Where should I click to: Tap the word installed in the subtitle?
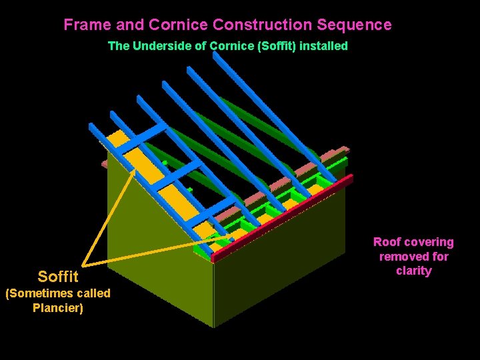click(325, 46)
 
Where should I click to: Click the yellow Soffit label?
click(58, 276)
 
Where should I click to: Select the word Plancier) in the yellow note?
click(58, 308)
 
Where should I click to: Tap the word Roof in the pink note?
click(386, 242)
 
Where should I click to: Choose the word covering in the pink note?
click(428, 242)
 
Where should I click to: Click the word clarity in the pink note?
click(413, 271)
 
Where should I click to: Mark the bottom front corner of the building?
click(213, 327)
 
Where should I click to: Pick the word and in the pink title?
click(130, 25)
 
